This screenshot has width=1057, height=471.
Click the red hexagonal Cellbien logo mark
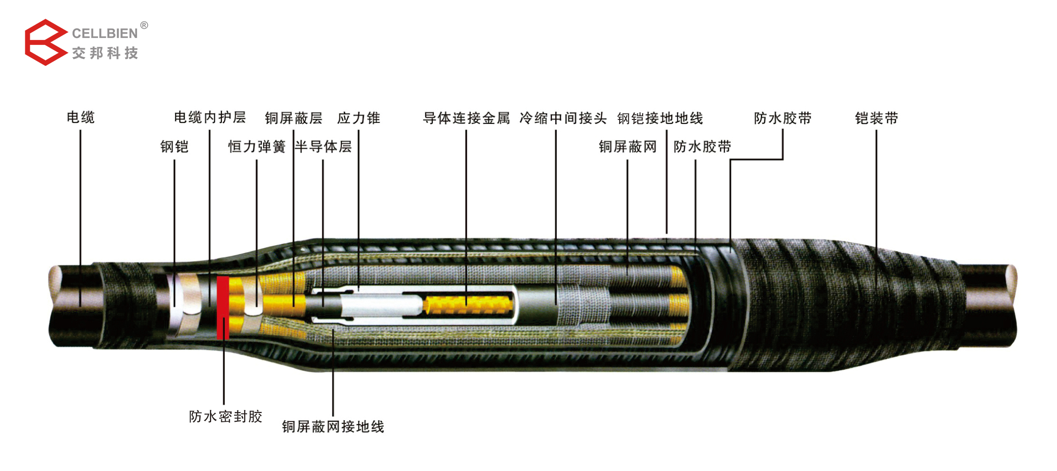point(45,42)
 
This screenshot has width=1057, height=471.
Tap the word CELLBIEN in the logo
point(105,33)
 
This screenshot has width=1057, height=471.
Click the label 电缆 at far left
point(80,118)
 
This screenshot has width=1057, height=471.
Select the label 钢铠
point(174,147)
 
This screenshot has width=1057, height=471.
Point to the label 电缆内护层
point(210,118)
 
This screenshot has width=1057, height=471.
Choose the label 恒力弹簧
point(256,147)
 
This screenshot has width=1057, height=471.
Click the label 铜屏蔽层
point(294,118)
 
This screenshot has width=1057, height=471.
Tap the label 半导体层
point(323,147)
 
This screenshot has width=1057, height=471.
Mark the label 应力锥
point(358,118)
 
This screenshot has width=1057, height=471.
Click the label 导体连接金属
point(466,118)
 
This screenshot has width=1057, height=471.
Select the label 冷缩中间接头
point(563,118)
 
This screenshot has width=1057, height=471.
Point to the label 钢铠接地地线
point(660,118)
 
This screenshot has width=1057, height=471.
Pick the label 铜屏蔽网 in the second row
point(627,147)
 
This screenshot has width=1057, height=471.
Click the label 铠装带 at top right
point(876,118)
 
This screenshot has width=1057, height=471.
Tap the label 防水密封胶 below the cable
point(225,416)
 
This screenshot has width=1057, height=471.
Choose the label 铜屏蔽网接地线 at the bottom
point(333,427)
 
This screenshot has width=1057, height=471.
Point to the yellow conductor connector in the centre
point(468,305)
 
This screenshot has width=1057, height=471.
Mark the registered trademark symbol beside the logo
point(144,25)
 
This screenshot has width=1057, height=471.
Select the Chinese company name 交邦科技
point(105,53)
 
